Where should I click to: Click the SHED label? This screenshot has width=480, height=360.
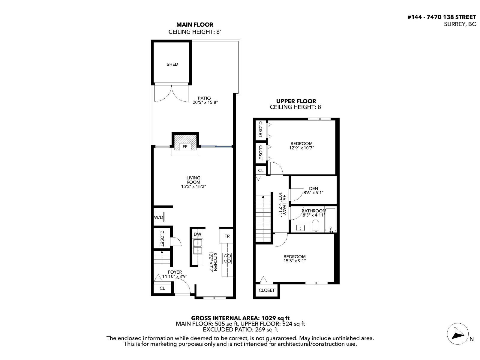pyautogui.click(x=172, y=64)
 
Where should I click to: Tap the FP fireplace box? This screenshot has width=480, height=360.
pyautogui.click(x=185, y=146)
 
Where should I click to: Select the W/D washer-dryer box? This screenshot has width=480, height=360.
pyautogui.click(x=158, y=217)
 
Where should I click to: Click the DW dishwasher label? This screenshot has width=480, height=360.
pyautogui.click(x=197, y=234)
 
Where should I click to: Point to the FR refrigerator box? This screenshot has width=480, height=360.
pyautogui.click(x=227, y=236)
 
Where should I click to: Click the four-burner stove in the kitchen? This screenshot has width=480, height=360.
pyautogui.click(x=227, y=258)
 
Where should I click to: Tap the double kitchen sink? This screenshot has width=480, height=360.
pyautogui.click(x=197, y=247)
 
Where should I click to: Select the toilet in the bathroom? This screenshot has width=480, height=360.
pyautogui.click(x=316, y=226)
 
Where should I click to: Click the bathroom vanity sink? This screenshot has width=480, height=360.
pyautogui.click(x=300, y=228)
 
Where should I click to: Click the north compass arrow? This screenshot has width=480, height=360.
pyautogui.click(x=458, y=333)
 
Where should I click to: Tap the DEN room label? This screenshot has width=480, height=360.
pyautogui.click(x=313, y=188)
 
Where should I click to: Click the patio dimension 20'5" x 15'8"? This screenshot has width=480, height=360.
pyautogui.click(x=205, y=102)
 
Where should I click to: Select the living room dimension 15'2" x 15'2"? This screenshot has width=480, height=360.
pyautogui.click(x=193, y=186)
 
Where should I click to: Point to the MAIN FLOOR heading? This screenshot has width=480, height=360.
pyautogui.click(x=195, y=25)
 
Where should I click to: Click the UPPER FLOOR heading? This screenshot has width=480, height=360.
pyautogui.click(x=296, y=101)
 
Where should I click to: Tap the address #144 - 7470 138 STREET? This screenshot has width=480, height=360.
pyautogui.click(x=442, y=17)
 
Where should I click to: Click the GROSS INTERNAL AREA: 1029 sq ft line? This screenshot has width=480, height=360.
pyautogui.click(x=240, y=318)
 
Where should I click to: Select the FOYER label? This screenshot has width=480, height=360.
pyautogui.click(x=175, y=272)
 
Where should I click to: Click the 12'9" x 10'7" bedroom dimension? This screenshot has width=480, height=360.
pyautogui.click(x=301, y=148)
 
